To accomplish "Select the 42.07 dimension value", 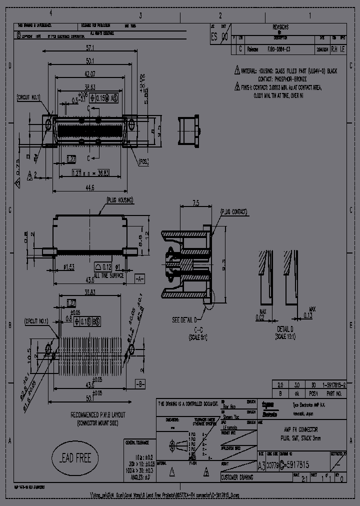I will (90, 74).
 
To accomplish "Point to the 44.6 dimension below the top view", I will (90, 188).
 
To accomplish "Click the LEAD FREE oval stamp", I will (75, 458).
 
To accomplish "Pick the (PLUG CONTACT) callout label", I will (233, 212).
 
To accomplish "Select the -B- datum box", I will (140, 385).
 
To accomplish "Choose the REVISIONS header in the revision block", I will (280, 27).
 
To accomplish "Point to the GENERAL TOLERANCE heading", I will (137, 442).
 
